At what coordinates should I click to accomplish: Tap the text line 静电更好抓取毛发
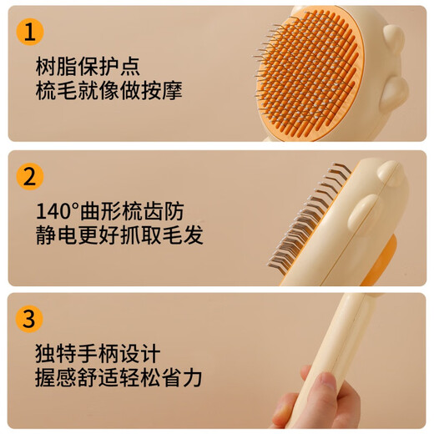coord(119,235)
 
